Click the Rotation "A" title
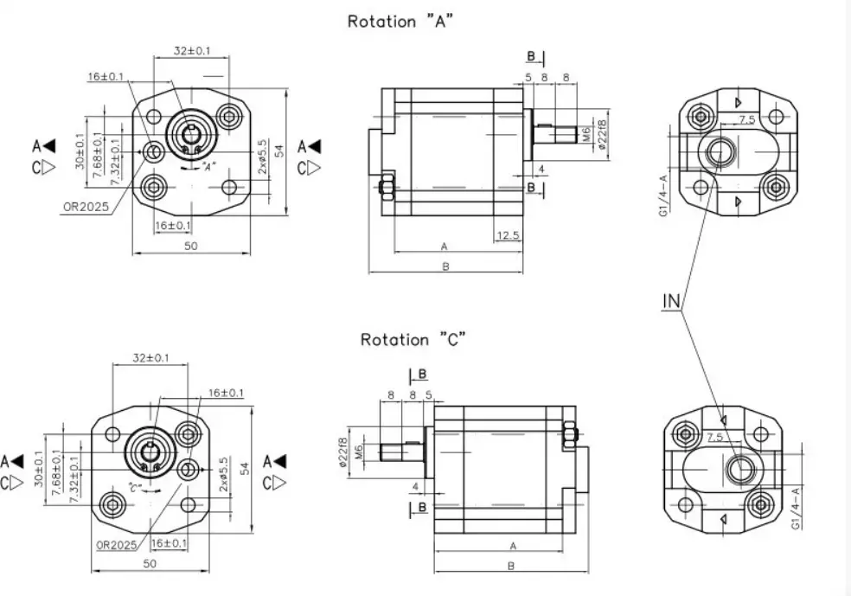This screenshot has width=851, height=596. [400, 22]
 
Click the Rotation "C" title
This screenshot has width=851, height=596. [414, 339]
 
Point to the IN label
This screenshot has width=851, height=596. [672, 301]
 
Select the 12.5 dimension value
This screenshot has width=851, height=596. [508, 235]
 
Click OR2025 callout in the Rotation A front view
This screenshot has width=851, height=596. [85, 206]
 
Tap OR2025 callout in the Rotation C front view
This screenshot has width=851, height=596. [117, 544]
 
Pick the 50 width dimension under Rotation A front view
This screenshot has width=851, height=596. [190, 246]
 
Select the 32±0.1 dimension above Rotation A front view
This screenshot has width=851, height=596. [192, 51]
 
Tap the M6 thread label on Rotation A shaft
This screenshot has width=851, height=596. [585, 134]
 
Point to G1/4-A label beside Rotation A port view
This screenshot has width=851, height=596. [662, 195]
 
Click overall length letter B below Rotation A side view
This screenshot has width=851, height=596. [445, 266]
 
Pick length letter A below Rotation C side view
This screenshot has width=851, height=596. [513, 546]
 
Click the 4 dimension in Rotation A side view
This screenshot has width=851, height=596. [541, 168]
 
